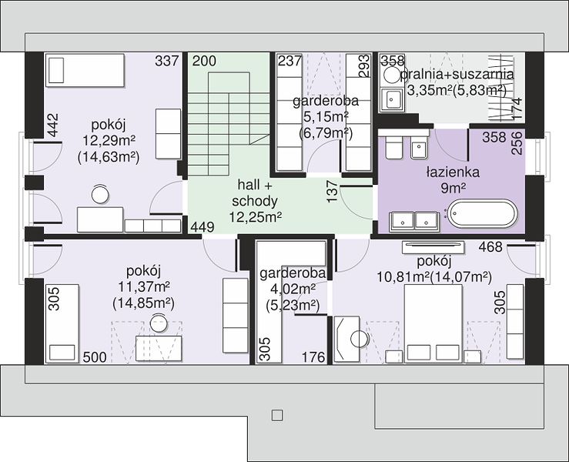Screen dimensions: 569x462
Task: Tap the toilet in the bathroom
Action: [x=394, y=147]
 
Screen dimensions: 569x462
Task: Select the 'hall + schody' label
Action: [x=255, y=192]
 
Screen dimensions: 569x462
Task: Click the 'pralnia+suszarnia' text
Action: [x=457, y=75]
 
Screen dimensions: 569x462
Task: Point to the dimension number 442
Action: [x=52, y=126]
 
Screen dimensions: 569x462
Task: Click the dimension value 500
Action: [x=95, y=357]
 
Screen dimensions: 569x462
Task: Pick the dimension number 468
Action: [x=490, y=247]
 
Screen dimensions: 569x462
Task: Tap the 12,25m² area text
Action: [x=256, y=217]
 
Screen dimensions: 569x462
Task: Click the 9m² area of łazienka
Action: [x=454, y=188]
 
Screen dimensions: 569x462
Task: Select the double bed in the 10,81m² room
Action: [x=433, y=323]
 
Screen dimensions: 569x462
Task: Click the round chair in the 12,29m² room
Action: [x=100, y=194]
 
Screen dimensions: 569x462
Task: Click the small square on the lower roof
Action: [x=277, y=415]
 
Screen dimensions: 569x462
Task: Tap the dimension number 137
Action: [x=333, y=192]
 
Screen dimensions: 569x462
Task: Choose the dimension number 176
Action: [x=313, y=357]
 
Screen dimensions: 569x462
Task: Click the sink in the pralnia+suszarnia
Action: [x=391, y=99]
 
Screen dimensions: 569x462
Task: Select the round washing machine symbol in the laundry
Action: [x=392, y=76]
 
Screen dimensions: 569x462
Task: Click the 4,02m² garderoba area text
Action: [x=293, y=290]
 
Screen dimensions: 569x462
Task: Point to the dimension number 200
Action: [x=204, y=61]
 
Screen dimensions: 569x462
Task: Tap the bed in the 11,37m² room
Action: [x=62, y=323]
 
